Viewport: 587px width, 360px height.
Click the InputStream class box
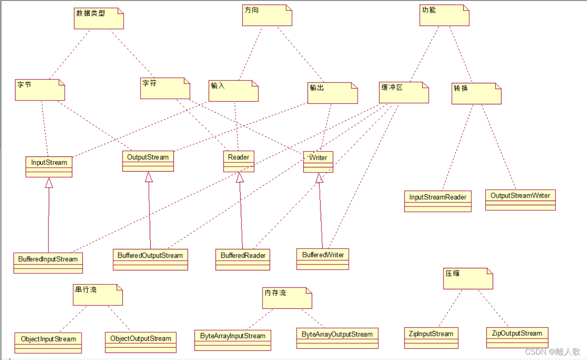[49, 167]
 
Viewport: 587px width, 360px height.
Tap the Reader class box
[239, 161]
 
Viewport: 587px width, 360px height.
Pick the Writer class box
[318, 162]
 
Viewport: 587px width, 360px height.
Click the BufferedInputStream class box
[48, 263]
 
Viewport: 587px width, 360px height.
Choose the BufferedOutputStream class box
[150, 259]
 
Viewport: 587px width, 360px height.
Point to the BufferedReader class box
[243, 259]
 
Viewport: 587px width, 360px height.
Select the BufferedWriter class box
[323, 259]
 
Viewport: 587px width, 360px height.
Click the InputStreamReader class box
[438, 201]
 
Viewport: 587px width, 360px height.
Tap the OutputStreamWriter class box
[520, 200]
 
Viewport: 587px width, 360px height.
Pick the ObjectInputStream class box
[48, 343]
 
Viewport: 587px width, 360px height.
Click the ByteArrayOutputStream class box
[337, 338]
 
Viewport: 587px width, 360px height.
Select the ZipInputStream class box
[431, 338]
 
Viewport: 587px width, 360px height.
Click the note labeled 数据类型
[98, 19]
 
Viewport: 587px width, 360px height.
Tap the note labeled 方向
[267, 16]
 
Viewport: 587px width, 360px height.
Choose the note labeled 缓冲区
[404, 93]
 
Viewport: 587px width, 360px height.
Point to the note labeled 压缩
[467, 278]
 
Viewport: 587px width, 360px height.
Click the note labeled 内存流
[287, 298]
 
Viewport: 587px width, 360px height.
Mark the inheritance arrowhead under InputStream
[49, 183]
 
